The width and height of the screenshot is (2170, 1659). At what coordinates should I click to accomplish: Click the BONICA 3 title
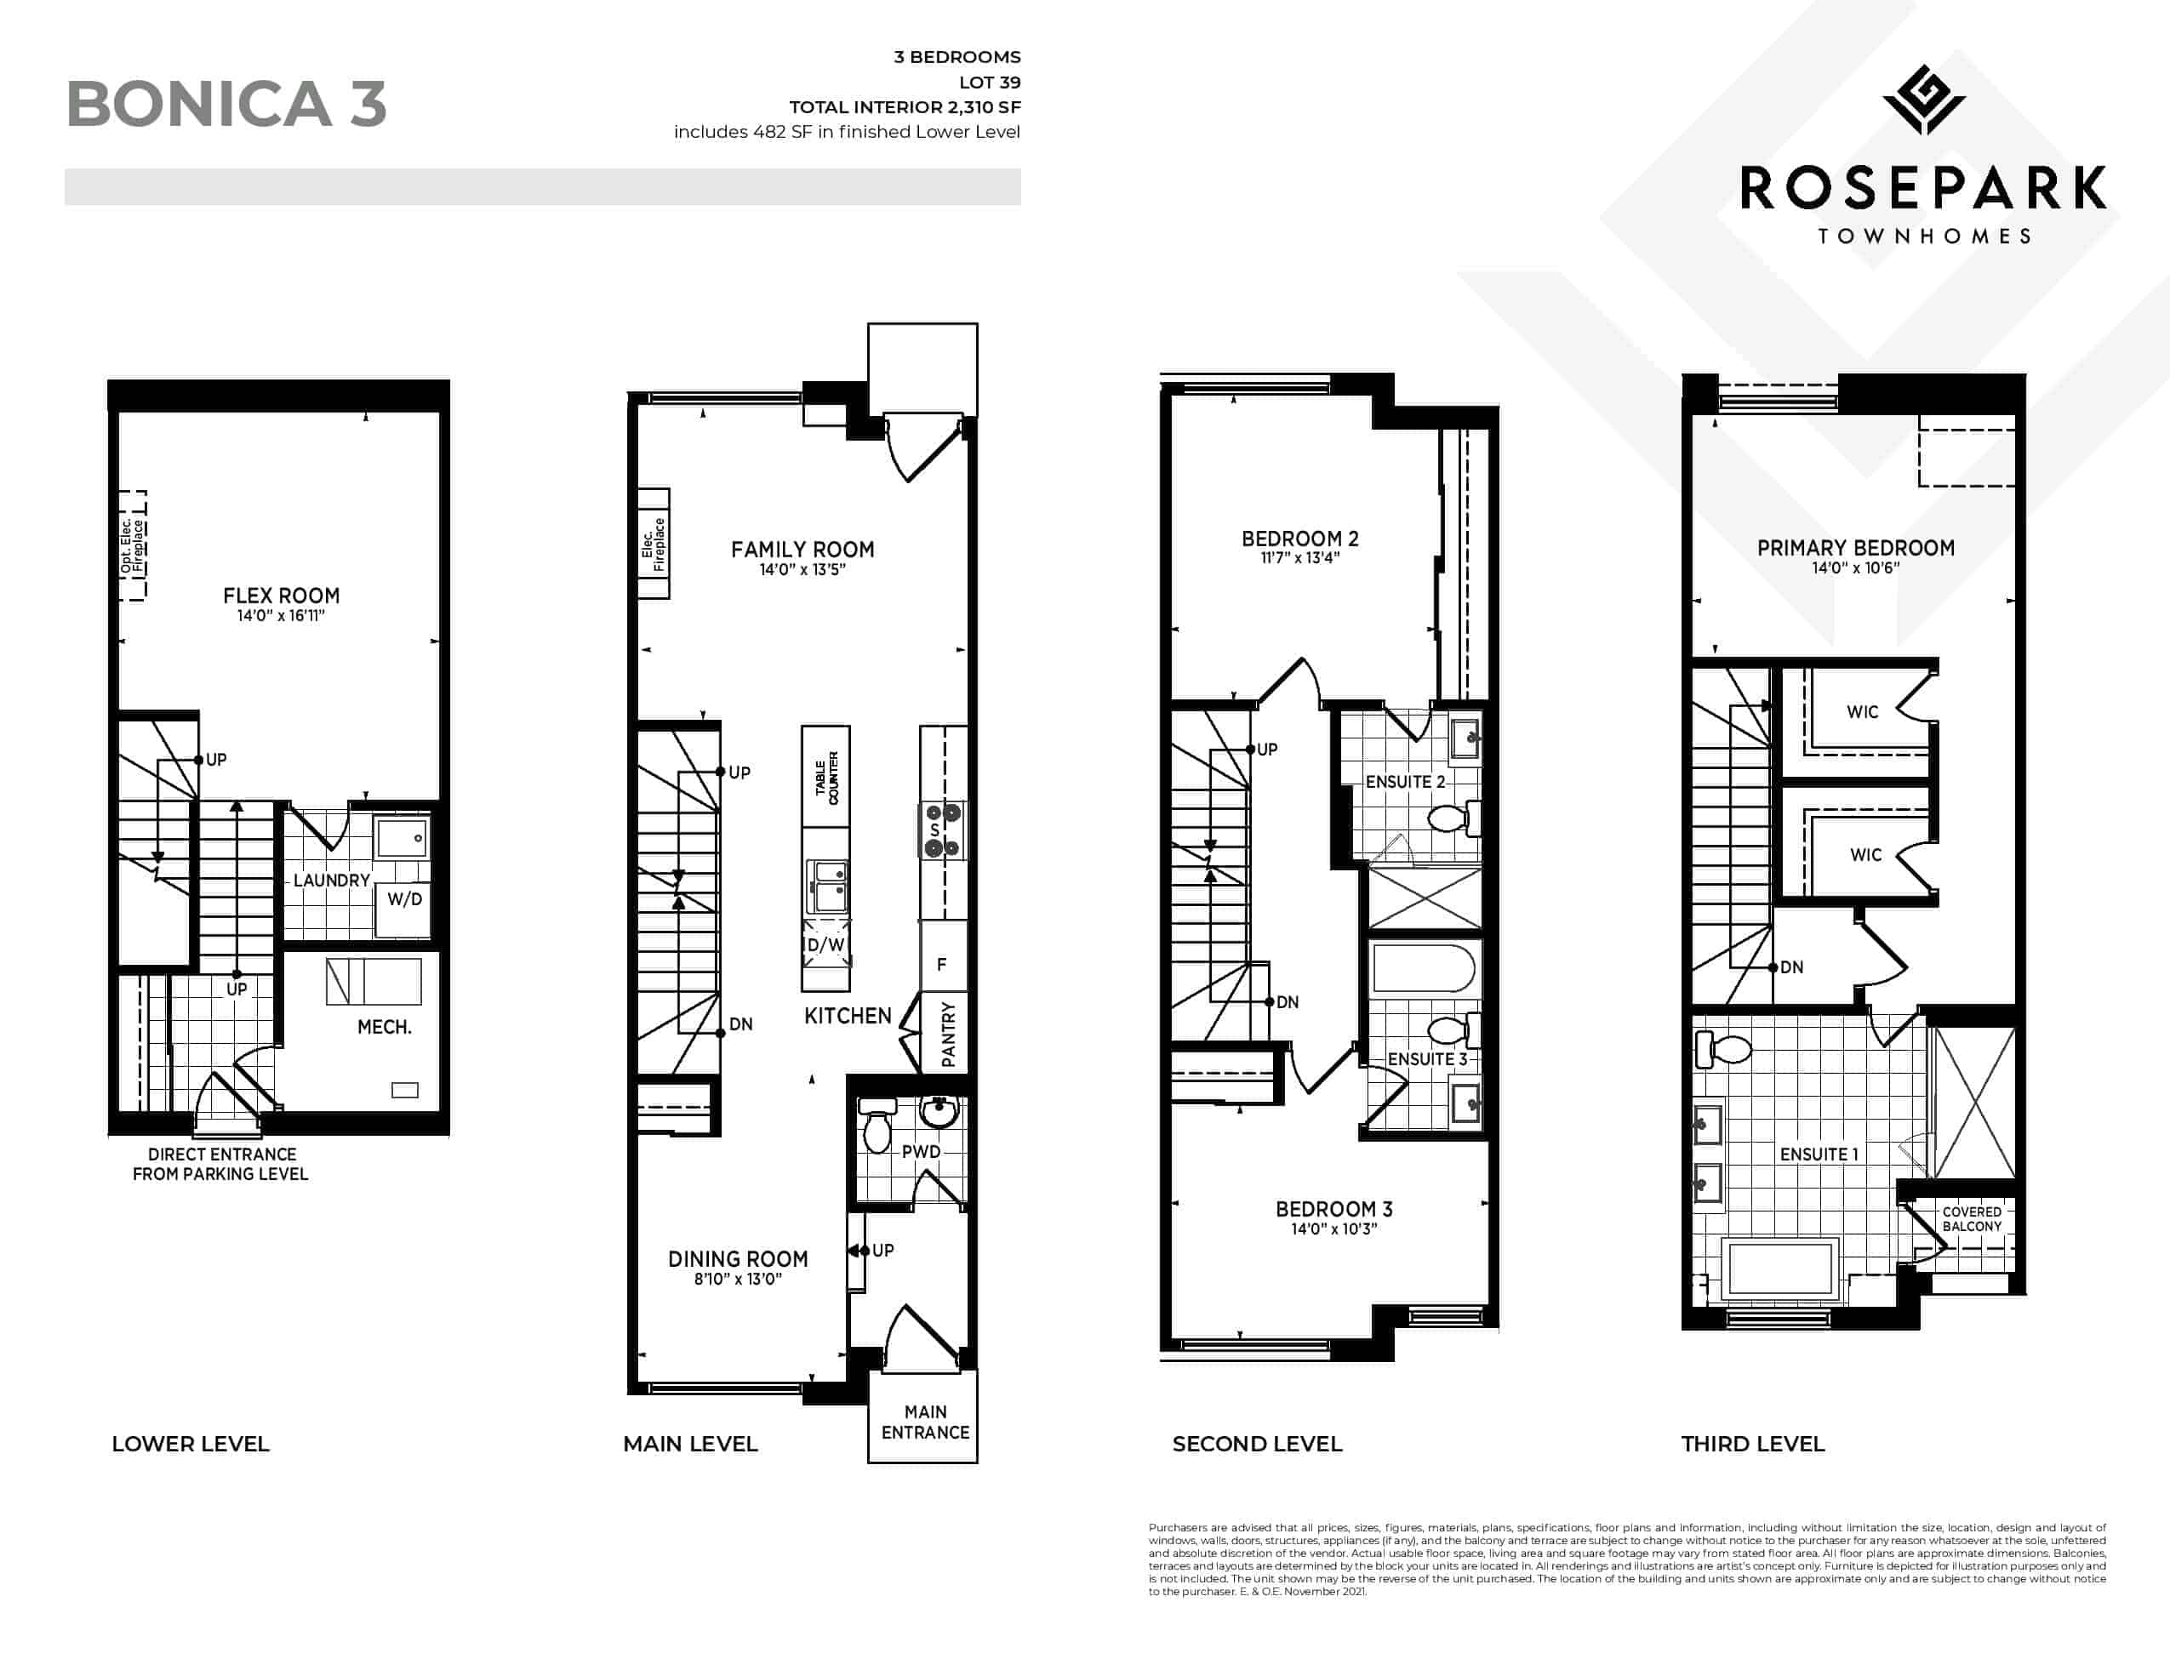click(x=226, y=104)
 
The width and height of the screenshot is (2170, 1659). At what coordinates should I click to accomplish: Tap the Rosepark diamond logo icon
click(x=1923, y=100)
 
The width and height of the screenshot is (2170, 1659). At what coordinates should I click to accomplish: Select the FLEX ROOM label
click(x=282, y=596)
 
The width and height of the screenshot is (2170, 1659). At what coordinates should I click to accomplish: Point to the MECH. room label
click(x=385, y=1027)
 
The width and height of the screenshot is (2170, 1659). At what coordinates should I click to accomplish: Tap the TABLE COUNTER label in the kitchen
click(x=826, y=777)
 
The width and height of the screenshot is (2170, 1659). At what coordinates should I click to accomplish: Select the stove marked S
click(x=942, y=830)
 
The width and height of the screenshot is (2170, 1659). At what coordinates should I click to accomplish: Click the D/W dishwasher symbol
click(x=825, y=944)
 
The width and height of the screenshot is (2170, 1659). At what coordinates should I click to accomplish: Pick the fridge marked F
click(x=942, y=964)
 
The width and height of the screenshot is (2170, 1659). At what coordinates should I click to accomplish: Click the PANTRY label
click(x=948, y=1034)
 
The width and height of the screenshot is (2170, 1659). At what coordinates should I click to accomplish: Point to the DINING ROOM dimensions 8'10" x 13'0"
click(x=738, y=1279)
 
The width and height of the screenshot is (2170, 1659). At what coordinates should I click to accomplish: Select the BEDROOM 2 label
click(x=1299, y=539)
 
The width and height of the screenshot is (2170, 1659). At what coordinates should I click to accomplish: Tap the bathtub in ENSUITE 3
click(x=1424, y=968)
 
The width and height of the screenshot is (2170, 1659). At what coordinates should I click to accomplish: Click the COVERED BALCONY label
click(x=1972, y=1218)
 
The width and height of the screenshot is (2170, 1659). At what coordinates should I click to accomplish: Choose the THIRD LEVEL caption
click(x=1752, y=1444)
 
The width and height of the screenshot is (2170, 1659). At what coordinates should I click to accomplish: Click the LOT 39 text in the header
click(x=983, y=82)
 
